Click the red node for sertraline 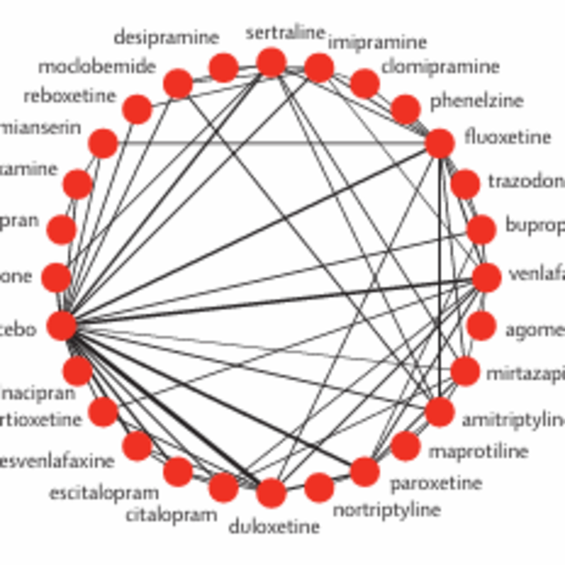pyautogui.click(x=271, y=63)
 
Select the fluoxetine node pyautogui.click(x=440, y=143)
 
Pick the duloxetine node pyautogui.click(x=271, y=493)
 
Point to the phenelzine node pyautogui.click(x=405, y=109)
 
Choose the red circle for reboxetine pyautogui.click(x=137, y=109)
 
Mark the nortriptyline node pyautogui.click(x=319, y=488)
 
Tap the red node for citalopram pyautogui.click(x=223, y=488)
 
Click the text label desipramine pyautogui.click(x=166, y=38)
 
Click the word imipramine pyautogui.click(x=377, y=43)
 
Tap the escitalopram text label pyautogui.click(x=104, y=494)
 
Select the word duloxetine pyautogui.click(x=274, y=527)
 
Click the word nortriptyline pyautogui.click(x=387, y=511)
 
